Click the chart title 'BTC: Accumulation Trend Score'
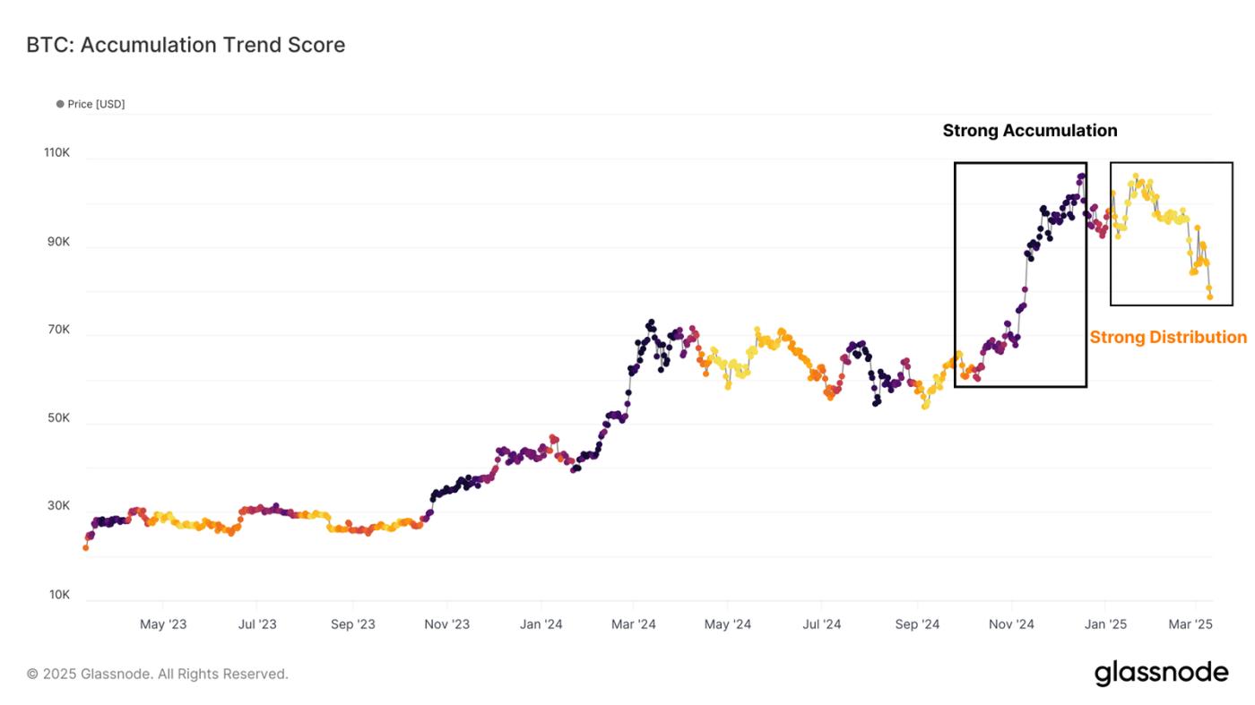click(x=186, y=45)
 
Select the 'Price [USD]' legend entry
click(x=95, y=104)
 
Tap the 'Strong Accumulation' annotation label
click(x=1029, y=131)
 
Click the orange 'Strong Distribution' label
click(x=1167, y=337)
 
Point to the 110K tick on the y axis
click(x=56, y=153)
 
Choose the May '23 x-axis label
click(x=163, y=624)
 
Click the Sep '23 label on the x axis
click(x=353, y=624)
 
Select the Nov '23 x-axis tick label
click(x=446, y=624)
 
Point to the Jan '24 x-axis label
click(x=541, y=624)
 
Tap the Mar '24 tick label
click(x=634, y=624)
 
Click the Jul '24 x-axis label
click(x=821, y=624)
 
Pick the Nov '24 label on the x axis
click(x=1011, y=624)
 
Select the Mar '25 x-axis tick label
click(x=1191, y=624)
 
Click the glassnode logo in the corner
click(x=1161, y=674)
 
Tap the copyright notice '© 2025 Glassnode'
click(x=158, y=674)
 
